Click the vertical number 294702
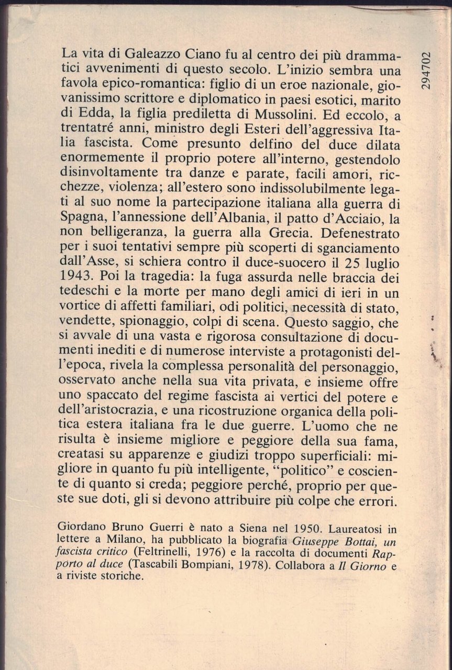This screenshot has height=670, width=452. click(x=425, y=70)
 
